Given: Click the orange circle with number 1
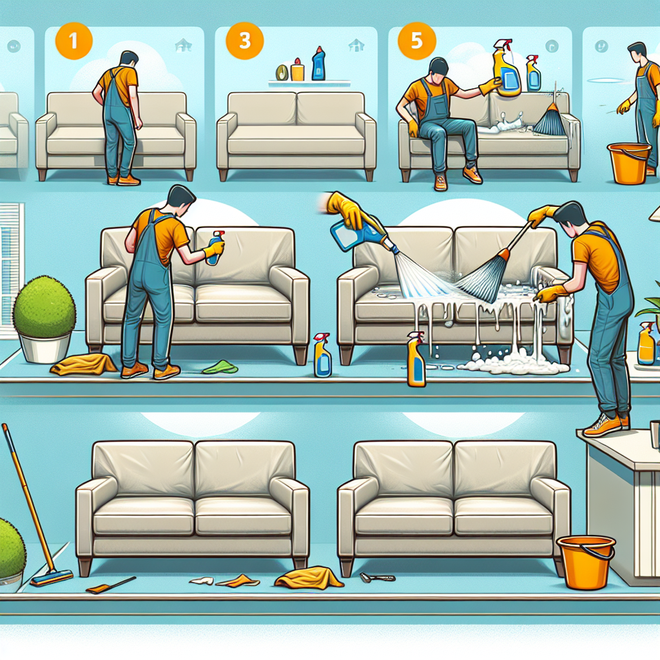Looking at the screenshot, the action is [x=73, y=41].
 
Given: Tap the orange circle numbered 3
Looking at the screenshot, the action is [x=244, y=41].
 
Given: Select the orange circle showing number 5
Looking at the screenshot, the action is [x=417, y=41].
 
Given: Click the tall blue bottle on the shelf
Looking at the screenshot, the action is [x=318, y=64].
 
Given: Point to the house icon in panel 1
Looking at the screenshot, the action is [x=183, y=45].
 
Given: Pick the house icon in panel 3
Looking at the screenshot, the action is [x=356, y=45].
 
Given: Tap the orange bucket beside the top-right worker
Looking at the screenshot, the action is [x=628, y=163].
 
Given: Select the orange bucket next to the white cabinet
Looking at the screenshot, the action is [x=585, y=562].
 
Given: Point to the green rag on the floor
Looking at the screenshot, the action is [x=220, y=367].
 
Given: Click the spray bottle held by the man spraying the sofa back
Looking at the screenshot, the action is [x=215, y=247].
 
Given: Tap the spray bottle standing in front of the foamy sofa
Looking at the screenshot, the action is [x=416, y=359].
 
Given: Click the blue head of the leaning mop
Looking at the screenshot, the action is [x=52, y=578].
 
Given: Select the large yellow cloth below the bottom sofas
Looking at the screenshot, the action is [x=309, y=577].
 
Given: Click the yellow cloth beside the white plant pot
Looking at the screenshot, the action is [x=83, y=364].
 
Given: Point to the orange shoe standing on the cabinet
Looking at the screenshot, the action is [x=603, y=425].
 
